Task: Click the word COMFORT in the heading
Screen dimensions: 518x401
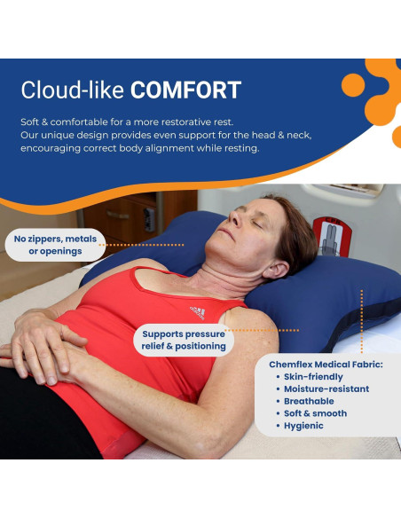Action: (x=186, y=90)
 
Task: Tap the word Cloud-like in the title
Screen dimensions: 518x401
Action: (x=74, y=90)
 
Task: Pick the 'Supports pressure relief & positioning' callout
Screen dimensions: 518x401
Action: (x=185, y=341)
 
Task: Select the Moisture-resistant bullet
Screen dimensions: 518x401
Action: (x=326, y=388)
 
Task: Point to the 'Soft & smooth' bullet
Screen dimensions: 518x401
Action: (x=316, y=413)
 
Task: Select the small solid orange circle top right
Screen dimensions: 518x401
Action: (x=354, y=86)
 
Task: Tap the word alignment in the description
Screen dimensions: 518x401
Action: (x=162, y=147)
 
